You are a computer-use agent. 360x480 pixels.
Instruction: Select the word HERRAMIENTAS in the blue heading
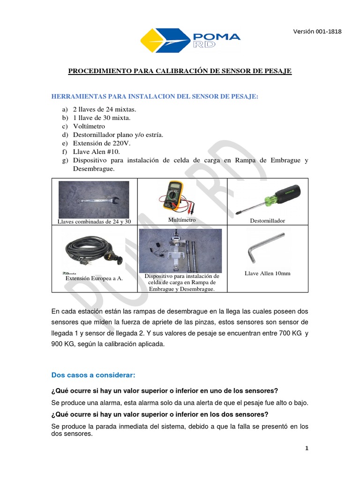pyautogui.click(x=78, y=97)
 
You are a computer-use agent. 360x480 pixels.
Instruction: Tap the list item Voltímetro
pyautogui.click(x=89, y=127)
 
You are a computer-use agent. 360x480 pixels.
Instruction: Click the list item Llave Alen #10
pyautogui.click(x=97, y=152)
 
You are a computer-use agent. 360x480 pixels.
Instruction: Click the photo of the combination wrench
pyautogui.click(x=94, y=199)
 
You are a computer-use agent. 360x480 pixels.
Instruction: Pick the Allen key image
pyautogui.click(x=267, y=247)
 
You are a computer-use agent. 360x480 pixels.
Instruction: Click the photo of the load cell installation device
pyautogui.click(x=180, y=250)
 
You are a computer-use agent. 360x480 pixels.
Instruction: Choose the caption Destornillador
pyautogui.click(x=268, y=220)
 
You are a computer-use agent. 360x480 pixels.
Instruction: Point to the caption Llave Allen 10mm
pyautogui.click(x=268, y=273)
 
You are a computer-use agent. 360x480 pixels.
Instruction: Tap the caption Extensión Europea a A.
pyautogui.click(x=94, y=278)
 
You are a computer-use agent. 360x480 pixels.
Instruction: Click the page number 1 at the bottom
pyautogui.click(x=307, y=449)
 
